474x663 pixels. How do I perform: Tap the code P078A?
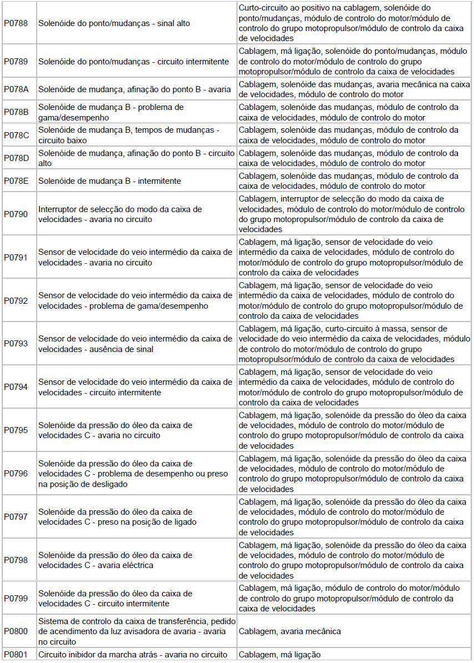(x=16, y=89)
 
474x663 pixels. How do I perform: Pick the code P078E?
(x=16, y=181)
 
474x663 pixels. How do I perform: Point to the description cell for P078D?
(x=137, y=158)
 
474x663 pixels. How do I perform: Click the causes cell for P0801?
(x=280, y=655)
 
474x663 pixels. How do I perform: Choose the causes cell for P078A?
(x=354, y=89)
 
